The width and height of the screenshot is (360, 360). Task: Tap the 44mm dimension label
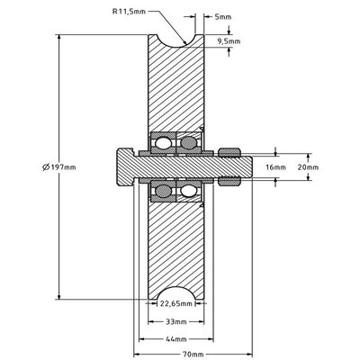[176, 338]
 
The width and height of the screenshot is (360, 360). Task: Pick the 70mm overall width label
[193, 354]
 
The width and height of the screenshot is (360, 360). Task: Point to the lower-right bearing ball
[188, 191]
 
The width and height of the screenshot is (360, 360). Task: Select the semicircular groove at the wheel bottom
[176, 298]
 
